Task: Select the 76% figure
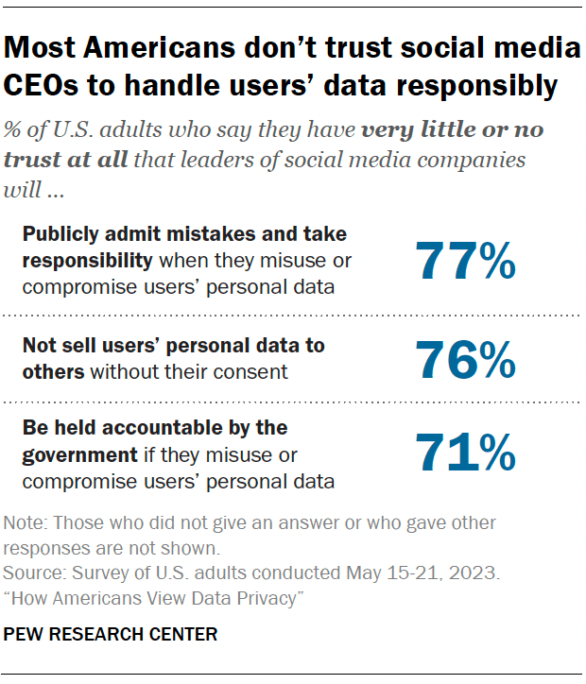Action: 465,359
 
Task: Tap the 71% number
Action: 465,453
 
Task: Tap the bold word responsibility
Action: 86,259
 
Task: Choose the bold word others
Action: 53,371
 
